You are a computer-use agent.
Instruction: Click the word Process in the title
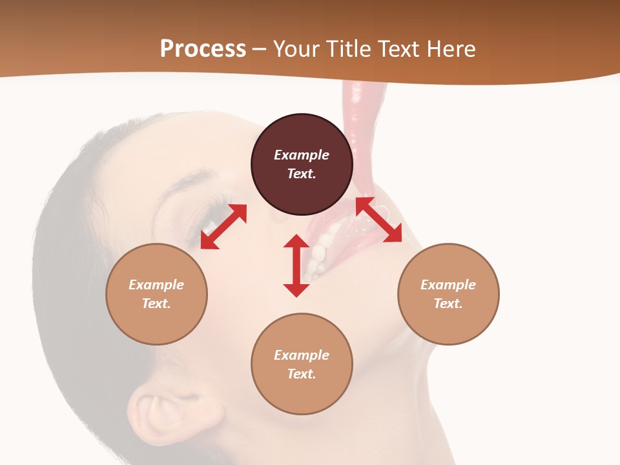click(x=203, y=49)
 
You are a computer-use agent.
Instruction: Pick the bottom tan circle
click(x=302, y=394)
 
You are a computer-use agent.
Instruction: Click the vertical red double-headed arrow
click(x=296, y=265)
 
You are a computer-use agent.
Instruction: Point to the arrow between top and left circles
click(x=223, y=227)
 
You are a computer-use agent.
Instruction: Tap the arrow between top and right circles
click(x=378, y=220)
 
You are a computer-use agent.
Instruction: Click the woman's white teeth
click(x=318, y=255)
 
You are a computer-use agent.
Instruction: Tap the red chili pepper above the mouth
click(x=362, y=129)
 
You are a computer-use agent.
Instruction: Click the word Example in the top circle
click(x=302, y=155)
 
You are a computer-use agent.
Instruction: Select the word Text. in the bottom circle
click(x=302, y=374)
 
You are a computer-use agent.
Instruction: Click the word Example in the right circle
click(x=448, y=285)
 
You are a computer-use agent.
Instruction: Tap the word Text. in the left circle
click(x=156, y=304)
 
